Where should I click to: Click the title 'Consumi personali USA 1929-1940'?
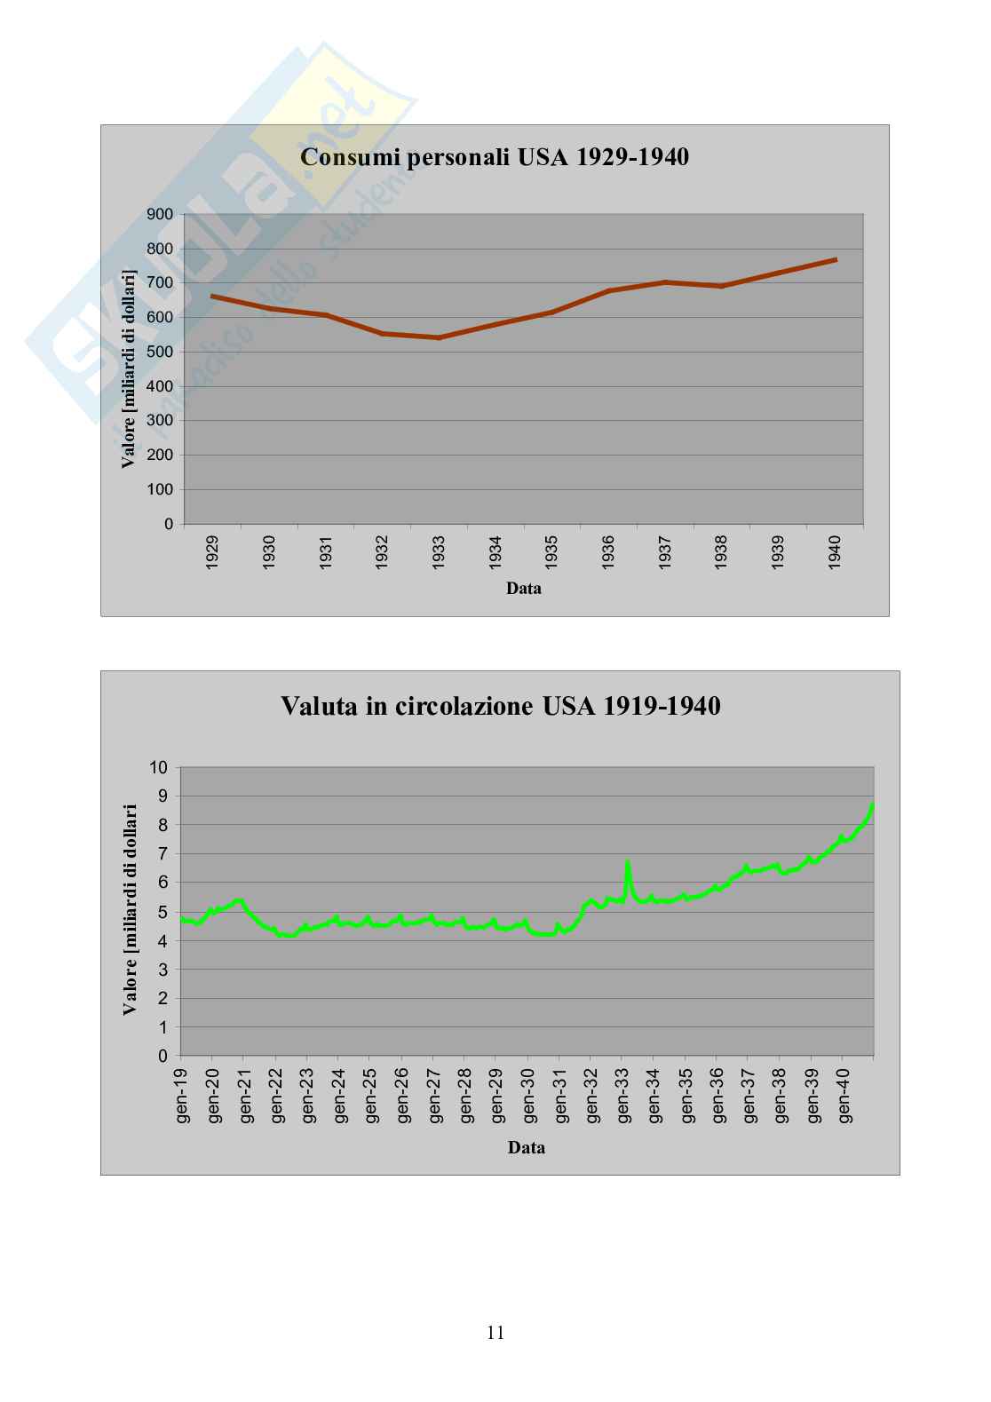pos(495,158)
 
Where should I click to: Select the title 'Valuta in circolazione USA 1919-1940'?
pos(500,707)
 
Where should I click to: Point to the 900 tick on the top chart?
pos(160,214)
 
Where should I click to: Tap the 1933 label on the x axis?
pos(439,552)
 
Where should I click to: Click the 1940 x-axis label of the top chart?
pos(835,552)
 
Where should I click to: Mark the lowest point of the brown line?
pos(439,337)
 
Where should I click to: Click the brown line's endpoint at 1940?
pos(836,259)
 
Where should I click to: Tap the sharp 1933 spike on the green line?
pos(628,861)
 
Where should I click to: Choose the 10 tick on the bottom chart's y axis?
pos(159,767)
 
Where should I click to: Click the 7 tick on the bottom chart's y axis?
pos(163,854)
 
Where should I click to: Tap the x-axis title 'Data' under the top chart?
pos(524,588)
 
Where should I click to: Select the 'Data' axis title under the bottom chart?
pos(527,1147)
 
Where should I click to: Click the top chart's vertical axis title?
pos(130,369)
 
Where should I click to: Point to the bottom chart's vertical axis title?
pos(131,909)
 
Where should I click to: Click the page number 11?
pos(495,1332)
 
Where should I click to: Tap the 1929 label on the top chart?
pos(212,552)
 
